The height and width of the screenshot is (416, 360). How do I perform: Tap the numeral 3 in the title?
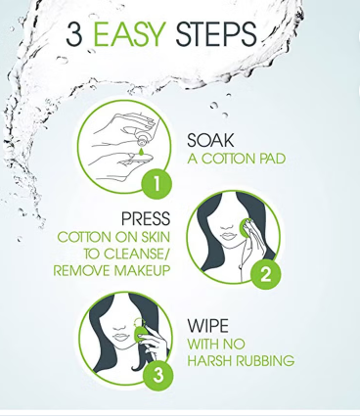[74, 35]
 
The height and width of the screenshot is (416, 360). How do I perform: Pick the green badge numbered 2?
[264, 275]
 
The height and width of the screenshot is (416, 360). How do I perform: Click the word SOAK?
[210, 141]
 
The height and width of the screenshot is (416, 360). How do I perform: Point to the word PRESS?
[145, 217]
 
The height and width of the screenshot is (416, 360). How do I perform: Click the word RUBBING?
[261, 361]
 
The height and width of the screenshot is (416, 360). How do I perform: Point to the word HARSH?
[207, 361]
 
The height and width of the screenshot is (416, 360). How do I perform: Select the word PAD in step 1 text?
[269, 159]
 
